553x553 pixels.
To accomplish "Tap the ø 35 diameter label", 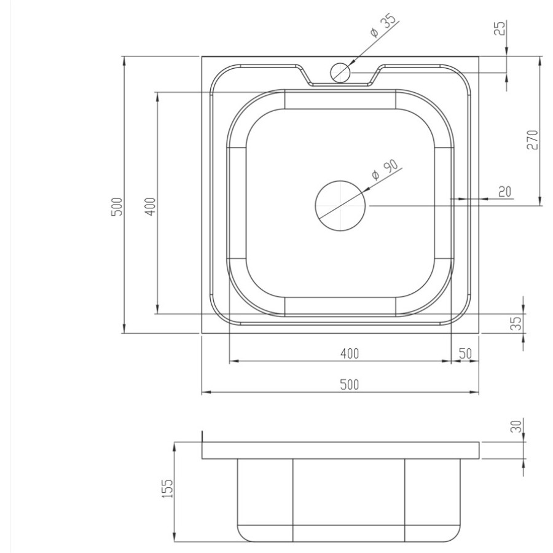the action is (x=384, y=25).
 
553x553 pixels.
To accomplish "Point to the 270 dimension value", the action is (x=533, y=139).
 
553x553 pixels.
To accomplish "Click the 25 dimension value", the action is (x=500, y=28).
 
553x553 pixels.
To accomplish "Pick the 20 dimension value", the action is (x=504, y=192).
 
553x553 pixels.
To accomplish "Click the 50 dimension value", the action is (x=465, y=353).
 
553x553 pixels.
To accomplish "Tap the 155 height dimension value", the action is (x=168, y=488).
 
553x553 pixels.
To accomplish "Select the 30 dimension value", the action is (x=516, y=426).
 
